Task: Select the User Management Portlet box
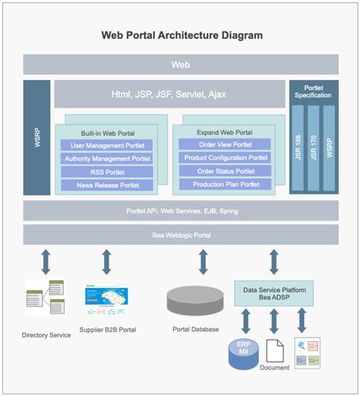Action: click(x=106, y=145)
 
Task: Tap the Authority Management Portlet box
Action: click(x=106, y=159)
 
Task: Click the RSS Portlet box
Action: click(x=106, y=172)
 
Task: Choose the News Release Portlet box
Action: click(x=106, y=185)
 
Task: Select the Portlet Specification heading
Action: click(x=314, y=91)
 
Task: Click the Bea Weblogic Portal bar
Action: click(x=180, y=235)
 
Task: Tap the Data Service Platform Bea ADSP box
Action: click(x=273, y=293)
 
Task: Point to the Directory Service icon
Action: click(x=45, y=297)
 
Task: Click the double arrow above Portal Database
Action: click(x=203, y=261)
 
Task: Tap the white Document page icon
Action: click(x=275, y=350)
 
